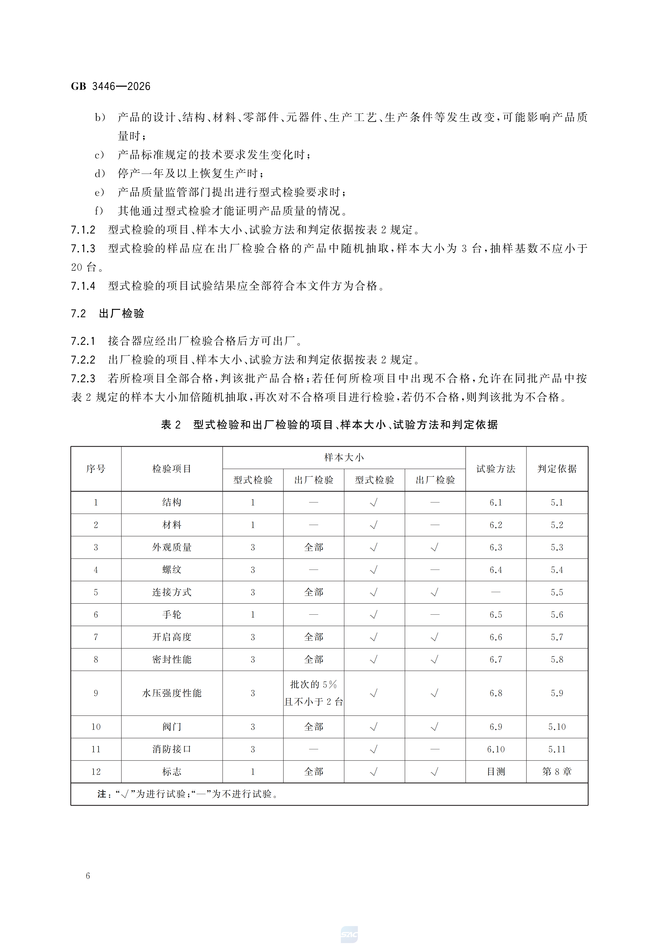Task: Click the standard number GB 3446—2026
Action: click(110, 86)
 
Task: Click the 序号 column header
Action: click(96, 469)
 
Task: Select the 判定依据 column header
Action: click(557, 469)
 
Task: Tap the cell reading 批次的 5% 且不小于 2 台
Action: click(314, 693)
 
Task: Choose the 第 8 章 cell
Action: click(557, 772)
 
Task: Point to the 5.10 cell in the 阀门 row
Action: click(557, 727)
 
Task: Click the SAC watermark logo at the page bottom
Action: click(349, 934)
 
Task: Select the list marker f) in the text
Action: click(99, 211)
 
